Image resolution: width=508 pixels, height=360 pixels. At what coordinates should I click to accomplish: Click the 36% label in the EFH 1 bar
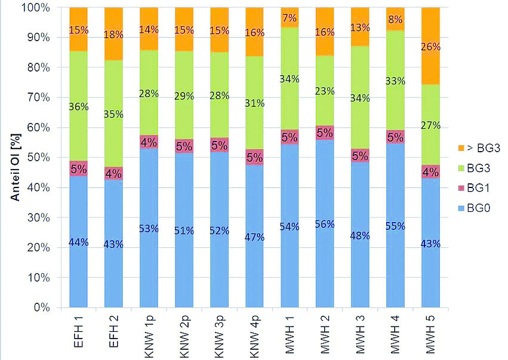pos(78,107)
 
